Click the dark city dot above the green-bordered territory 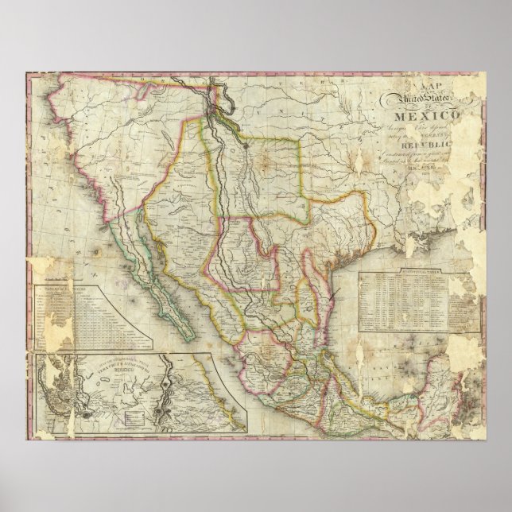(x=247, y=145)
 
